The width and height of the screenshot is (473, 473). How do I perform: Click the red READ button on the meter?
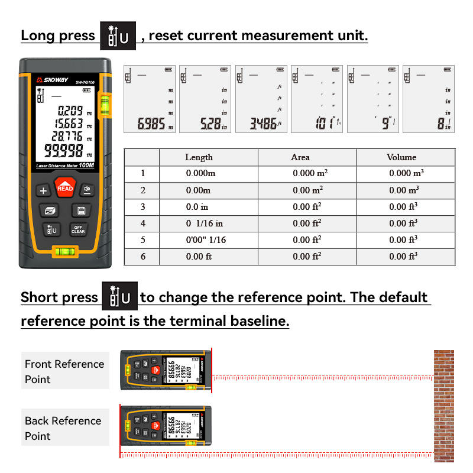pos(64,188)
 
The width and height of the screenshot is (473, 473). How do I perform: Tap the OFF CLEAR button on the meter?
pos(78,230)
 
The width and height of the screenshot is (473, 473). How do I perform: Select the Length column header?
pos(199,157)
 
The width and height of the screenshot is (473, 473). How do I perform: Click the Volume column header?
pos(401,157)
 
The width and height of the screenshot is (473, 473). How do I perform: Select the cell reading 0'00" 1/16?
pos(206,240)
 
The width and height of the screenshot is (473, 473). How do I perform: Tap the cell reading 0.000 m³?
pos(406,173)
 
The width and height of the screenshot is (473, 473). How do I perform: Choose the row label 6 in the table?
pos(142,257)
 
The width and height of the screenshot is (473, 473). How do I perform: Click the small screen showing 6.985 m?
pos(150,99)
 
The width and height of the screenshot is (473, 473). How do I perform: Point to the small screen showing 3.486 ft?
pos(261,99)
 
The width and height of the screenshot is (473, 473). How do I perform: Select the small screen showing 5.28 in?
pos(205,99)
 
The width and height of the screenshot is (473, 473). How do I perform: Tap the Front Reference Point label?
pos(64,371)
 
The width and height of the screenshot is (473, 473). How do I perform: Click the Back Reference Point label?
pos(63,428)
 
